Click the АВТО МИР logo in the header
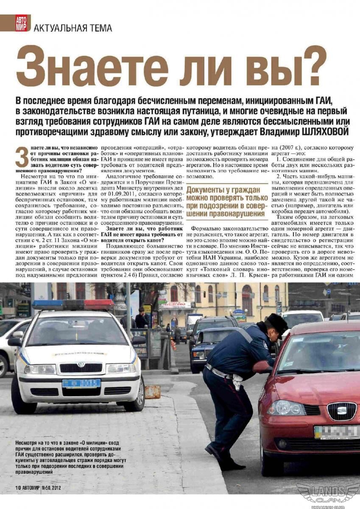pos(22,23)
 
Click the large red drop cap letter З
pos(22,157)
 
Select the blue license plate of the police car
pos(81,383)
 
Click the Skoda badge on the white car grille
pos(81,364)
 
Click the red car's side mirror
pos(262,366)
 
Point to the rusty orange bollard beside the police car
pos(153,392)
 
